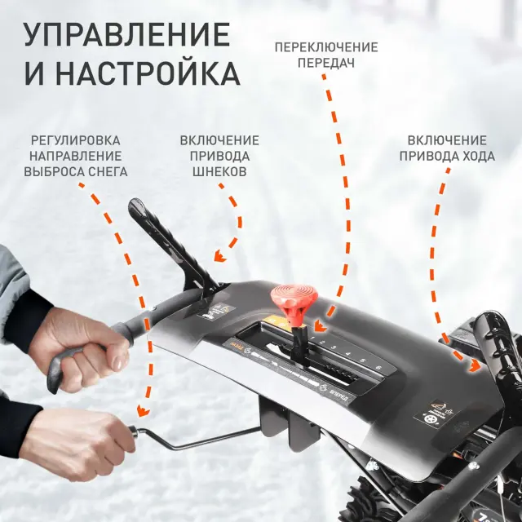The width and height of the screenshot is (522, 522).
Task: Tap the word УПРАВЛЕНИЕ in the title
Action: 126,35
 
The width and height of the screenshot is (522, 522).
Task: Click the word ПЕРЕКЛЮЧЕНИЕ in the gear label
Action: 325,46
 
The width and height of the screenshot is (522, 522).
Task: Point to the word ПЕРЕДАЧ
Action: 325,62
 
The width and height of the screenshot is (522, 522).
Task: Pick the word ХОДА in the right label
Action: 475,156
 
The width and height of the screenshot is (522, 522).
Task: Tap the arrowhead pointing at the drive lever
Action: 474,367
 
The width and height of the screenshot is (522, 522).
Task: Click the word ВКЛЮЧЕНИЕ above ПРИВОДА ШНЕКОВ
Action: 219,140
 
